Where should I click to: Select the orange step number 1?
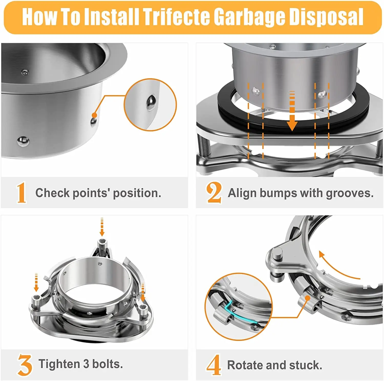click(x=21, y=193)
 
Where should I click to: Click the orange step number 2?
click(x=214, y=193)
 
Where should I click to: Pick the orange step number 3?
click(x=25, y=365)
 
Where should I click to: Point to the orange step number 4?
click(x=214, y=365)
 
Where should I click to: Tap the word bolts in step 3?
click(x=107, y=364)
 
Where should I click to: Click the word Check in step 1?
click(x=52, y=193)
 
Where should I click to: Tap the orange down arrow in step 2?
click(x=292, y=112)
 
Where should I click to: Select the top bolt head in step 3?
click(x=102, y=242)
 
